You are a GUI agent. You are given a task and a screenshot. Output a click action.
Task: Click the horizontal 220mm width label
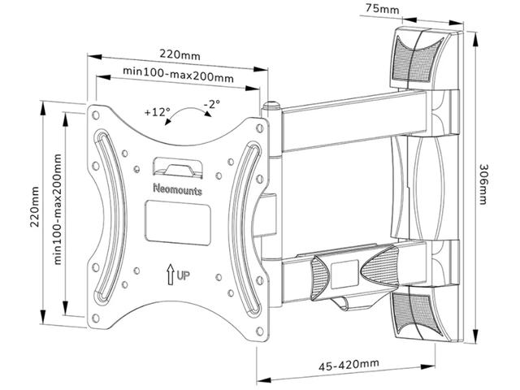tap(179, 54)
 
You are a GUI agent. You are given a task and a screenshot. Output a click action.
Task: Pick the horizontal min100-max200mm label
tap(178, 72)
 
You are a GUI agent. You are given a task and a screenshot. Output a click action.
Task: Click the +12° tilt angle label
tap(158, 110)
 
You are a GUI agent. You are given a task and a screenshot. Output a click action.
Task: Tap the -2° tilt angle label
tap(213, 104)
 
